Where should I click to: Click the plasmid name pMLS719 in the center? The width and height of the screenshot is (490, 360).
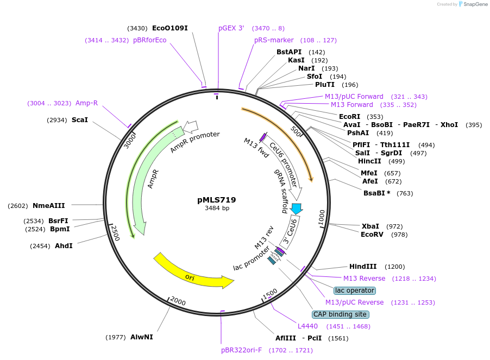click(217, 200)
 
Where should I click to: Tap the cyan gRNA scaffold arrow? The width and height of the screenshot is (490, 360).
click(297, 208)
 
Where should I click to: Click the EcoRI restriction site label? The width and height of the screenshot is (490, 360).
click(349, 117)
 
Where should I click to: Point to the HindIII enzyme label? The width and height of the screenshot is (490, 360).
click(363, 267)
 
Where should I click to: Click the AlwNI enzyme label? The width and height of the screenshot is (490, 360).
click(141, 337)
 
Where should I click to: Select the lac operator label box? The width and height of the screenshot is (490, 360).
click(355, 290)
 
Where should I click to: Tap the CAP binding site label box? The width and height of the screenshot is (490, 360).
click(341, 314)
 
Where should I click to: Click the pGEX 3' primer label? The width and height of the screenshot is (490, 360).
click(231, 28)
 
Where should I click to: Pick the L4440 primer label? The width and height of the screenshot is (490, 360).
click(307, 326)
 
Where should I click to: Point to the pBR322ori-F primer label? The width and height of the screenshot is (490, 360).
click(241, 350)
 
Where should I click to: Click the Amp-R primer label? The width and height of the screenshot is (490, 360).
click(86, 103)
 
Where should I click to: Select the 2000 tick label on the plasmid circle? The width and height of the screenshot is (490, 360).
click(178, 300)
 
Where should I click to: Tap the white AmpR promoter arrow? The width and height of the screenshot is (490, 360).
click(191, 127)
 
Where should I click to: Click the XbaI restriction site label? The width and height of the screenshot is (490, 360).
click(370, 226)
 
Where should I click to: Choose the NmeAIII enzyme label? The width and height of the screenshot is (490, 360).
click(48, 205)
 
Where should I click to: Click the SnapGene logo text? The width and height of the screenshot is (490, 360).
click(474, 4)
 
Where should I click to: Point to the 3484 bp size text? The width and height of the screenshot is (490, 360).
click(217, 209)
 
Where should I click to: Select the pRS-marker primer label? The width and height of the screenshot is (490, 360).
click(274, 40)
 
